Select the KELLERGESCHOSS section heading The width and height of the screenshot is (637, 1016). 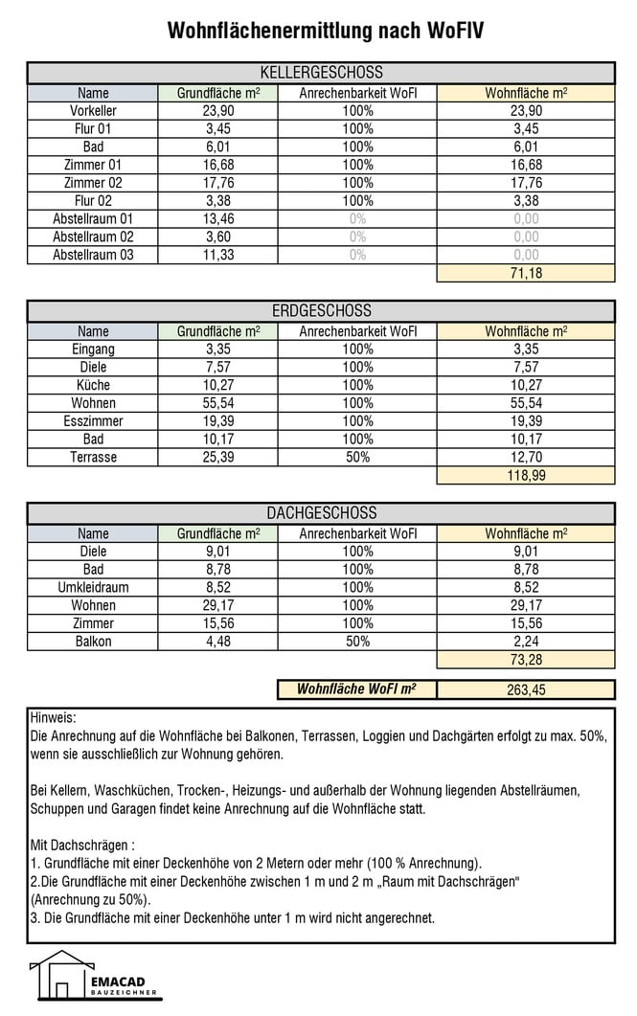(x=321, y=73)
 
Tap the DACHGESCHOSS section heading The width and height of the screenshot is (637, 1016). (x=321, y=513)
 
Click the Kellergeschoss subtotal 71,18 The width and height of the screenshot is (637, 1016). (x=525, y=273)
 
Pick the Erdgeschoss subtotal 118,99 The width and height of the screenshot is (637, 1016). (x=525, y=475)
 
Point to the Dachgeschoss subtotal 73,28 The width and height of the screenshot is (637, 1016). (x=525, y=660)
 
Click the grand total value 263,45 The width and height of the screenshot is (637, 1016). (x=525, y=689)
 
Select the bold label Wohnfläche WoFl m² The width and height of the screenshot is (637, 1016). (x=356, y=689)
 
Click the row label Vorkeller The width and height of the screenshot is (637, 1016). (x=93, y=111)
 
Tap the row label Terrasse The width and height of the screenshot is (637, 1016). (x=93, y=457)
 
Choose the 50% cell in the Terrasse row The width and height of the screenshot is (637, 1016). (x=357, y=457)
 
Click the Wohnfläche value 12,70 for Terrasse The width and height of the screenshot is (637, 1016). (x=525, y=457)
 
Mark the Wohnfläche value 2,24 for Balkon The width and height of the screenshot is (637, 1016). (x=525, y=642)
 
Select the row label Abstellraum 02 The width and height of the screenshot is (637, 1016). (x=93, y=237)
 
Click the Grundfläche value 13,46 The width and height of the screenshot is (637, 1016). (x=218, y=218)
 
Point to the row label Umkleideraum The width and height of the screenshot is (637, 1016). (x=93, y=587)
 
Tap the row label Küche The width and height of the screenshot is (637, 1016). (x=93, y=385)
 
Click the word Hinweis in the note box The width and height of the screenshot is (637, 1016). (x=53, y=717)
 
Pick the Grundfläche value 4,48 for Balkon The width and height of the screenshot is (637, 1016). (x=218, y=642)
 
